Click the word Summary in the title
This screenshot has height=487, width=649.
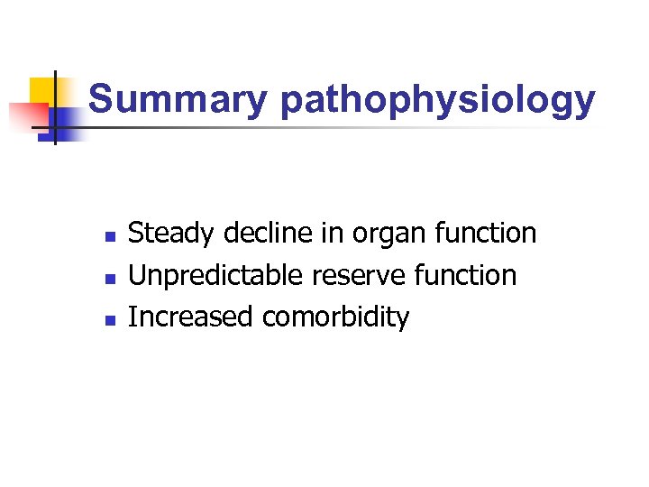pos(178,100)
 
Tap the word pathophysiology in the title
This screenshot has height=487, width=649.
pos(437,100)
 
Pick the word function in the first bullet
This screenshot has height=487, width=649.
pos(485,234)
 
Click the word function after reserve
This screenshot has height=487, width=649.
pos(465,275)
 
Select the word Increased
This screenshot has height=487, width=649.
pos(191,317)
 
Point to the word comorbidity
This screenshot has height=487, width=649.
pos(335,317)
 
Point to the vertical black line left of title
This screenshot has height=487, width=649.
pos(54,108)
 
